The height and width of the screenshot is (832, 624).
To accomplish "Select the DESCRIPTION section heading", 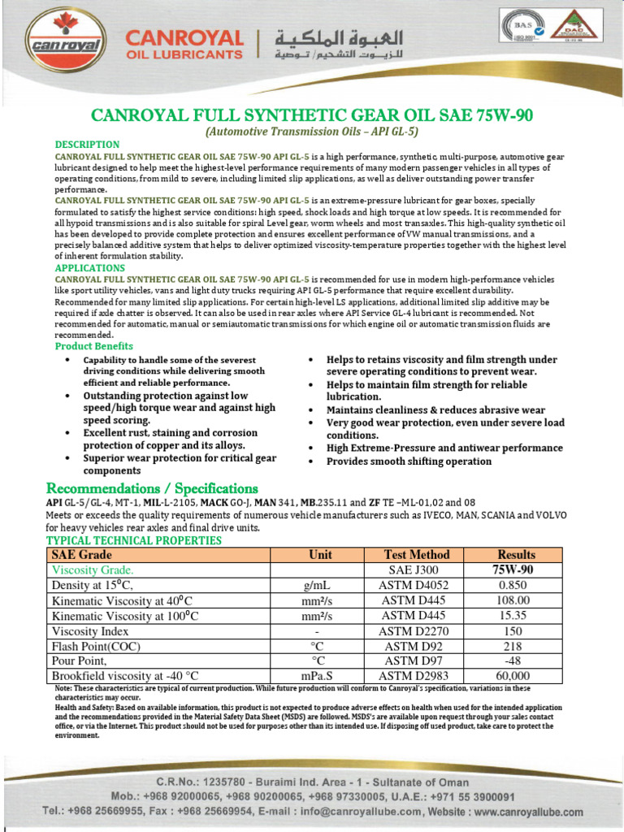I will pyautogui.click(x=87, y=145).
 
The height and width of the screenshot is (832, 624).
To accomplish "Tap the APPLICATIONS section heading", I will pyautogui.click(x=90, y=267).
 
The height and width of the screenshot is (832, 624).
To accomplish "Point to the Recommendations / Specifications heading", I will pyautogui.click(x=152, y=488).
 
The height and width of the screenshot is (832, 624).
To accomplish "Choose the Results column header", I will pyautogui.click(x=516, y=555).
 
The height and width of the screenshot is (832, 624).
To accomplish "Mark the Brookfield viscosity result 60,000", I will pyautogui.click(x=513, y=676).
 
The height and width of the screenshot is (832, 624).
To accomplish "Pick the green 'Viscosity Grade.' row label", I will pyautogui.click(x=93, y=570).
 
